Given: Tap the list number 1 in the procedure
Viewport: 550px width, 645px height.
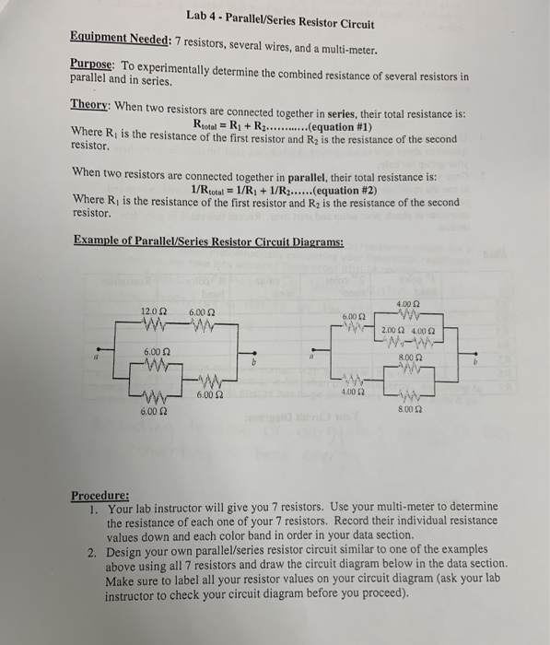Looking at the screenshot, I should (x=94, y=508).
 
